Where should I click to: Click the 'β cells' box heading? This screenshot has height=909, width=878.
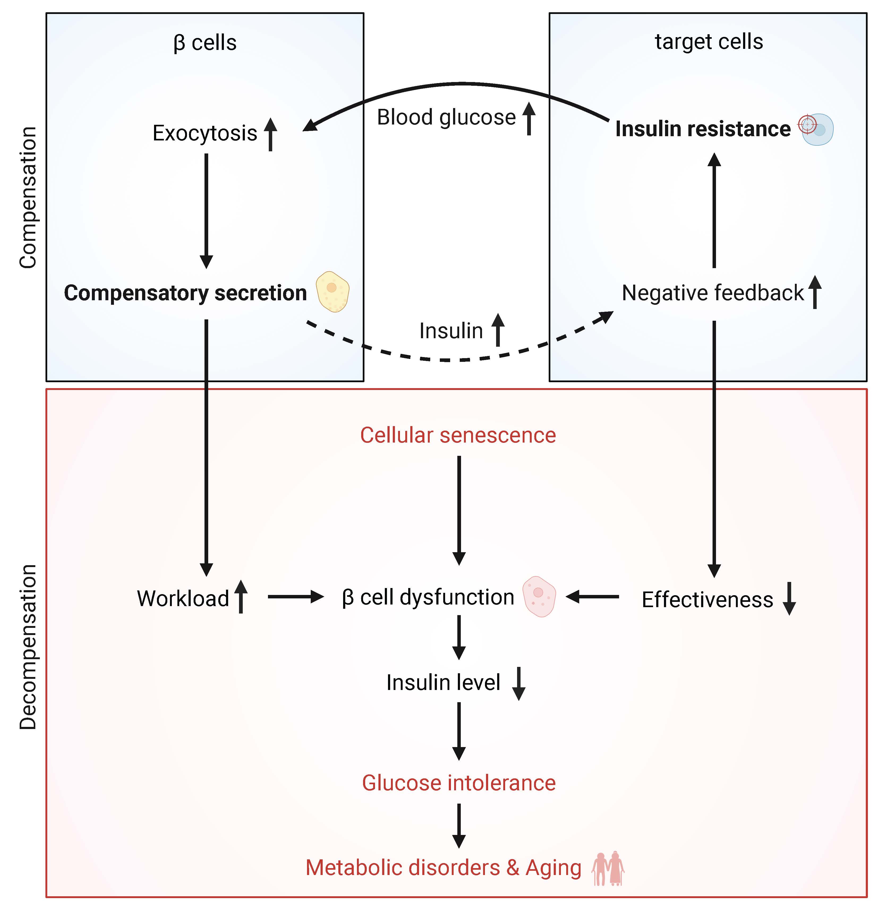205,43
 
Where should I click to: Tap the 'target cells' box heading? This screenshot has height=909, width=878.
709,42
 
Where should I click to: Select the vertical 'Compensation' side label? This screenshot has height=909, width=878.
28,197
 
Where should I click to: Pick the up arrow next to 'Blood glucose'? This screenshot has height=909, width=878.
528,119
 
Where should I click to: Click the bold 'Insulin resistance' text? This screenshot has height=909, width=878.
702,129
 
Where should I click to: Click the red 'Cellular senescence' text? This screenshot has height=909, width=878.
458,435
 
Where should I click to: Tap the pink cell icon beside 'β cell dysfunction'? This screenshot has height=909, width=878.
539,597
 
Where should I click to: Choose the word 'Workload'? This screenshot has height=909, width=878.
183,599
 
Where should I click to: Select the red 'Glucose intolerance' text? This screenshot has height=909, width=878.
458,783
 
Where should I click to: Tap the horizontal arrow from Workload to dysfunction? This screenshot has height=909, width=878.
295,597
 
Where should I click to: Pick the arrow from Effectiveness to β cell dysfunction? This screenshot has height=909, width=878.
593,597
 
